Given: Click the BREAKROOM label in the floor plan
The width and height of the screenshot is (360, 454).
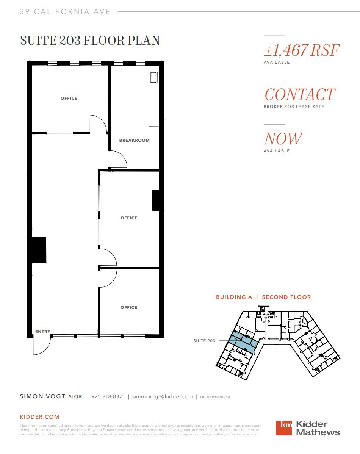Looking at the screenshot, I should click(x=134, y=140).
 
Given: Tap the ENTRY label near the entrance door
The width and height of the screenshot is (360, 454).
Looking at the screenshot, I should click(x=42, y=332).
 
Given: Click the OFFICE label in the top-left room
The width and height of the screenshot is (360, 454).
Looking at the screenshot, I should click(x=69, y=98).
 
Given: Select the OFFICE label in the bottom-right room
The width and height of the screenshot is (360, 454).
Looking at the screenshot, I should click(x=129, y=307).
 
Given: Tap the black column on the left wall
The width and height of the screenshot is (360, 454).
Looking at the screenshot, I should click(x=39, y=250).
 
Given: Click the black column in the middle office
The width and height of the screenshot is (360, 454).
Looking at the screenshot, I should click(x=156, y=200).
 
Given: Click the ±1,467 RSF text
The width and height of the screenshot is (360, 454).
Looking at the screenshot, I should click(x=301, y=50).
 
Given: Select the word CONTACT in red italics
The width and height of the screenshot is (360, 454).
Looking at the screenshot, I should click(x=299, y=95).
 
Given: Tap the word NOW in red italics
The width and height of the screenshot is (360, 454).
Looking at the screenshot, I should click(x=283, y=139).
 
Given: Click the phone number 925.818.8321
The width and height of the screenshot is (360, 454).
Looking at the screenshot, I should click(x=108, y=397).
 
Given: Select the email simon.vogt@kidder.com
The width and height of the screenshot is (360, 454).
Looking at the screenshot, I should click(x=163, y=397).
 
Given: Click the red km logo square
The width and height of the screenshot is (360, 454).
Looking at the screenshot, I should click(x=284, y=428).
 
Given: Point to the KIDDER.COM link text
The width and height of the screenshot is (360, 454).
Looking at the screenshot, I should click(x=39, y=417).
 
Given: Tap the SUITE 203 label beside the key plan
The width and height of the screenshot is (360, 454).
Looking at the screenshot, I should click(x=204, y=341).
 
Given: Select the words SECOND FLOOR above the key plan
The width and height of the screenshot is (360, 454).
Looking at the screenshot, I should click(x=286, y=297).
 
